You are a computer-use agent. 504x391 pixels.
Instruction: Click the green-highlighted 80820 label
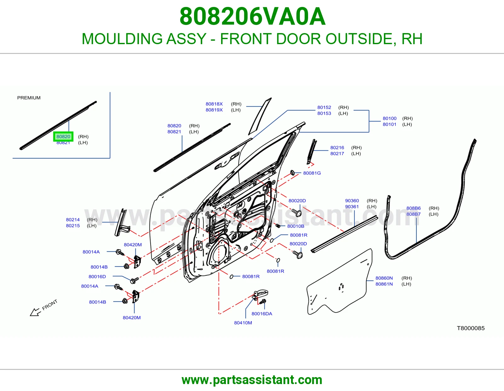click(63, 137)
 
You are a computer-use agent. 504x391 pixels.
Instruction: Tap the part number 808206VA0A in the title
click(252, 16)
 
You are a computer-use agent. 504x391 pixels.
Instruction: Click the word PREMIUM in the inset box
click(29, 98)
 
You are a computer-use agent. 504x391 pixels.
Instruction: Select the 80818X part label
click(214, 104)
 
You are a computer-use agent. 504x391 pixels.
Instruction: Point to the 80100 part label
click(389, 118)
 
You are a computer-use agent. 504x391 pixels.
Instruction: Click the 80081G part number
click(312, 173)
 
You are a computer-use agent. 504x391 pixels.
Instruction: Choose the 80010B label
click(296, 226)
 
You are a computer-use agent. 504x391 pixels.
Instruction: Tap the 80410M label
click(243, 323)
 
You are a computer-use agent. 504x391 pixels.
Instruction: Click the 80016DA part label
click(262, 313)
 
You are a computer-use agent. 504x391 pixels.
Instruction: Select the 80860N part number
click(384, 278)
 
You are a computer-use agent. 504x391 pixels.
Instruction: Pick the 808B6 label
click(413, 208)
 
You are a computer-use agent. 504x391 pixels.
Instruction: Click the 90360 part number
click(352, 200)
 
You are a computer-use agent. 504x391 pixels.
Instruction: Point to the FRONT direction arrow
click(35, 312)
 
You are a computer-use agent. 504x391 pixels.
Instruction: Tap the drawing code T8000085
click(471, 328)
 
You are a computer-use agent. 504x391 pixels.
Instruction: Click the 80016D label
click(97, 276)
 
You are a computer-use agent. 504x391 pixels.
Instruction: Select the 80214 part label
click(73, 219)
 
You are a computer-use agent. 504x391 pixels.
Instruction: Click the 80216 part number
click(337, 148)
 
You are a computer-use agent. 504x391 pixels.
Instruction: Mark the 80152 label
click(324, 107)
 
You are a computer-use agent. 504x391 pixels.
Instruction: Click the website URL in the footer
click(252, 380)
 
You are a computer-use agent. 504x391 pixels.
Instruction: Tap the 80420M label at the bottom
click(131, 318)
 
